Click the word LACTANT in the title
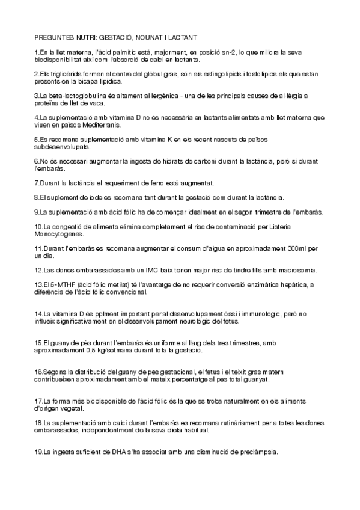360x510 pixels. (190, 37)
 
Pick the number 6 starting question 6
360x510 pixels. (36, 162)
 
